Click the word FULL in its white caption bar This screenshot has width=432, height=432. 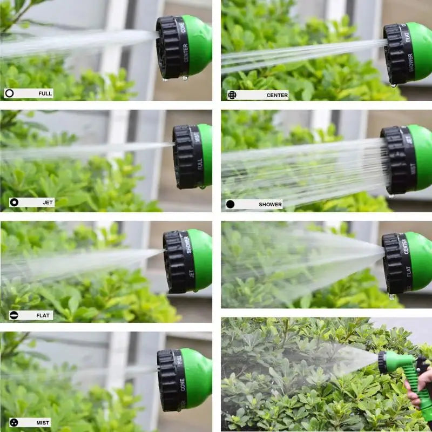pos(45,93)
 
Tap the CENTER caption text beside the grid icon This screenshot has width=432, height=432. pos(277,95)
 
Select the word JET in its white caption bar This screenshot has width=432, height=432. pos(48,202)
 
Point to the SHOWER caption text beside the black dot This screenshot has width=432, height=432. pos(270,205)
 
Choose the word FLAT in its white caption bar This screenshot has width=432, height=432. pos(44,315)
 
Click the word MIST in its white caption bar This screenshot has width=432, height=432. pos(43,423)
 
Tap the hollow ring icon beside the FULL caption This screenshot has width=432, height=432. pos(9,93)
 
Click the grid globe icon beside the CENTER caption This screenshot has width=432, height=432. pos(232,95)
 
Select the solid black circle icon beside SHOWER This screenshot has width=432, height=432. pos(231,205)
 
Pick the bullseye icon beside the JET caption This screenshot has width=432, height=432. pos(14,202)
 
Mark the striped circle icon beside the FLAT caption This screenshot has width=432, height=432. pos(14,315)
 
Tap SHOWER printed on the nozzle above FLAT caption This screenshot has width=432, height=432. pos(187,245)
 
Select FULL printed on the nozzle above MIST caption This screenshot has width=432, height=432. pos(180,359)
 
